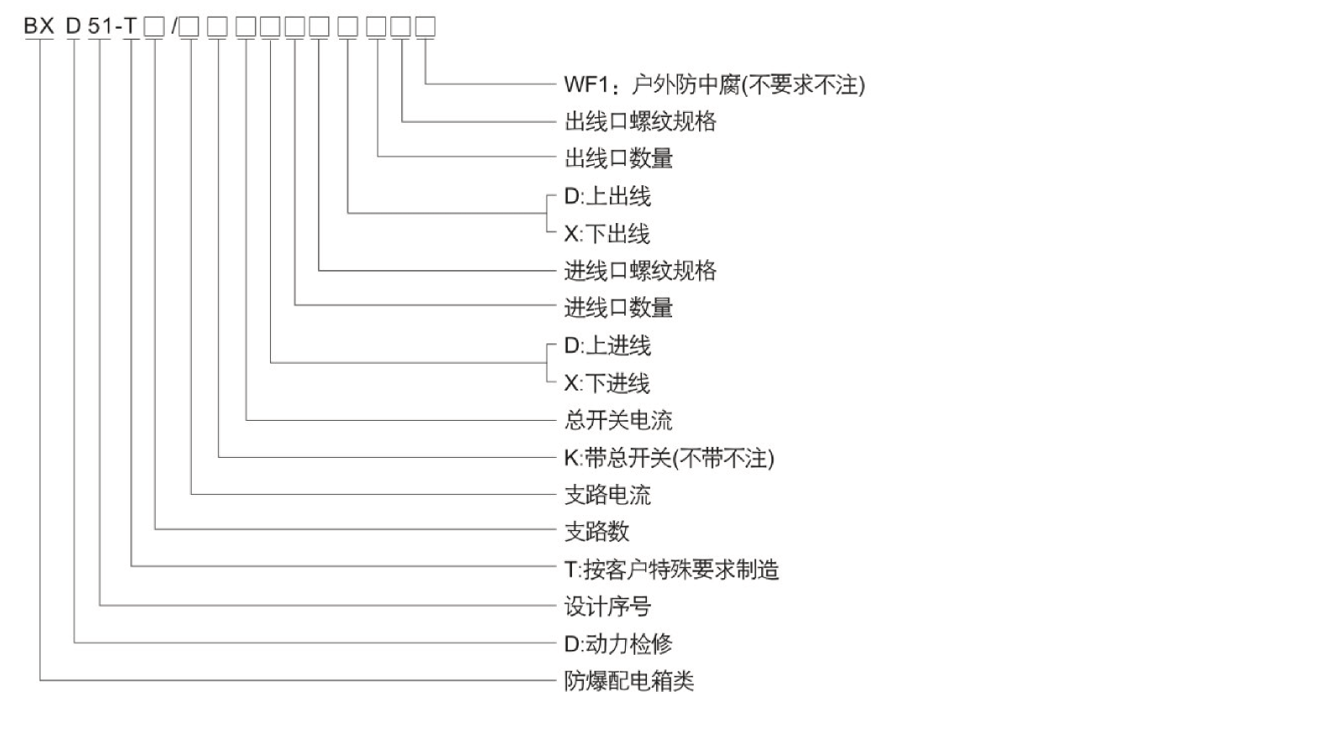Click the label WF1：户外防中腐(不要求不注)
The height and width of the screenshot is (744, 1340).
click(713, 85)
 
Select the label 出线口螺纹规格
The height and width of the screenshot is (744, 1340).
click(640, 122)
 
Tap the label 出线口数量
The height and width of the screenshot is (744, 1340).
click(618, 158)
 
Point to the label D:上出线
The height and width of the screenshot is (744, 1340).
click(606, 197)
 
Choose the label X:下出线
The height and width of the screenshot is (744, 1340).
click(606, 234)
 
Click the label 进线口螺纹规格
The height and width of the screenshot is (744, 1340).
click(640, 271)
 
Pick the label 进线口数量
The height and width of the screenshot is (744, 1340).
click(618, 308)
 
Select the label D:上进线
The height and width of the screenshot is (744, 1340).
click(606, 346)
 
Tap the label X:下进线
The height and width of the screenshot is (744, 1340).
click(606, 384)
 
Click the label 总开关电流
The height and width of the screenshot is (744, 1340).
click(618, 420)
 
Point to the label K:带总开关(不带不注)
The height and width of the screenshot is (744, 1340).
click(669, 458)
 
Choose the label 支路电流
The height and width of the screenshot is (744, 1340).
click(607, 495)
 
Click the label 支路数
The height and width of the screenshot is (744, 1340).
click(596, 532)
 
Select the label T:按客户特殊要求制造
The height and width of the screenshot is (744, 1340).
click(671, 570)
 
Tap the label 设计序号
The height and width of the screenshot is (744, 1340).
click(607, 607)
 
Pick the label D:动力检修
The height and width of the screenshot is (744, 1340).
click(617, 645)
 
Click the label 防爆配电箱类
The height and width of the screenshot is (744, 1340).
click(629, 681)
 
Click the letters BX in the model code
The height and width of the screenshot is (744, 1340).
click(39, 27)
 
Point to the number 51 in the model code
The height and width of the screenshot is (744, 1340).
click(99, 27)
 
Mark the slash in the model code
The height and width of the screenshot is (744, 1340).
click(174, 27)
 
